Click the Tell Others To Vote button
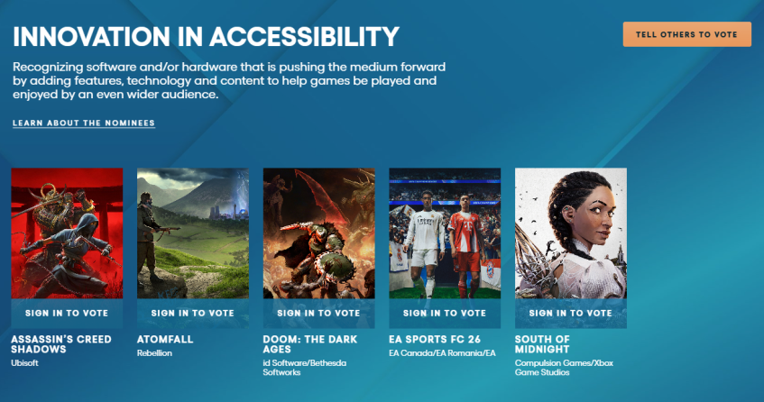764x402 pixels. [686, 34]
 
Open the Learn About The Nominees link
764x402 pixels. [84, 123]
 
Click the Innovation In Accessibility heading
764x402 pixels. [206, 36]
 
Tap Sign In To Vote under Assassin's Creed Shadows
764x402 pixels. [67, 314]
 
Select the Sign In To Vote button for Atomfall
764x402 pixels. [193, 314]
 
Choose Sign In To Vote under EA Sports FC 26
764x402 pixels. [445, 314]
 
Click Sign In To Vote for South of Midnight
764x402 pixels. [571, 314]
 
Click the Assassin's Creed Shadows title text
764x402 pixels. [61, 344]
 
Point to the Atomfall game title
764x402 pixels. [165, 339]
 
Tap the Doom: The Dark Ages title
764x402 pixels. [310, 344]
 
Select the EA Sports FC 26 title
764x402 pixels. [435, 339]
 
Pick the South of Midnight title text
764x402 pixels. [542, 344]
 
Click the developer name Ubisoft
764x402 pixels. [25, 363]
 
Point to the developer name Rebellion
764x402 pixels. [154, 353]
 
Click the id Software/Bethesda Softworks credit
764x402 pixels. [305, 368]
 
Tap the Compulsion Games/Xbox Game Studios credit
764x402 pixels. [565, 368]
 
